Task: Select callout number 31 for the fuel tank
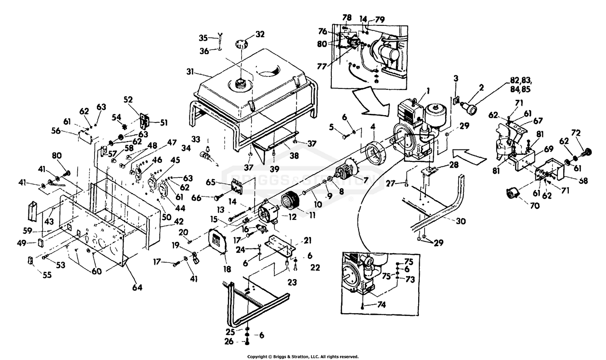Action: (190, 72)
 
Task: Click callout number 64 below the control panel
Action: (137, 287)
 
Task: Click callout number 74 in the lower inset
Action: (381, 305)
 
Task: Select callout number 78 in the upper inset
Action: (347, 18)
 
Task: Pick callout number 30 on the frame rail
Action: (461, 221)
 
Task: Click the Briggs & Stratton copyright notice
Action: (303, 357)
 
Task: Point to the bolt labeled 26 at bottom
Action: (247, 343)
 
